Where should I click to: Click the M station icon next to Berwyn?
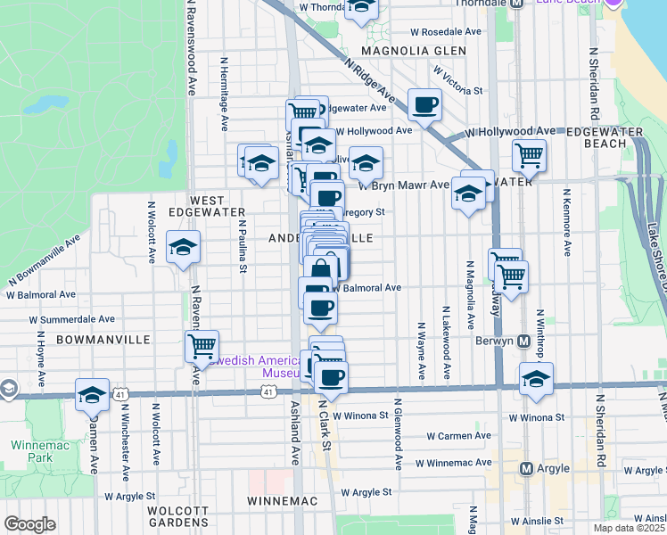point(524,342)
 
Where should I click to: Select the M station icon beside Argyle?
point(526,468)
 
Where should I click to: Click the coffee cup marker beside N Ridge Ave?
point(424,104)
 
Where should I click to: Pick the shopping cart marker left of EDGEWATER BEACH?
point(529,156)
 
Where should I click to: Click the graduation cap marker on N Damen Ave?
point(92,393)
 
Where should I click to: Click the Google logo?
point(29,524)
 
